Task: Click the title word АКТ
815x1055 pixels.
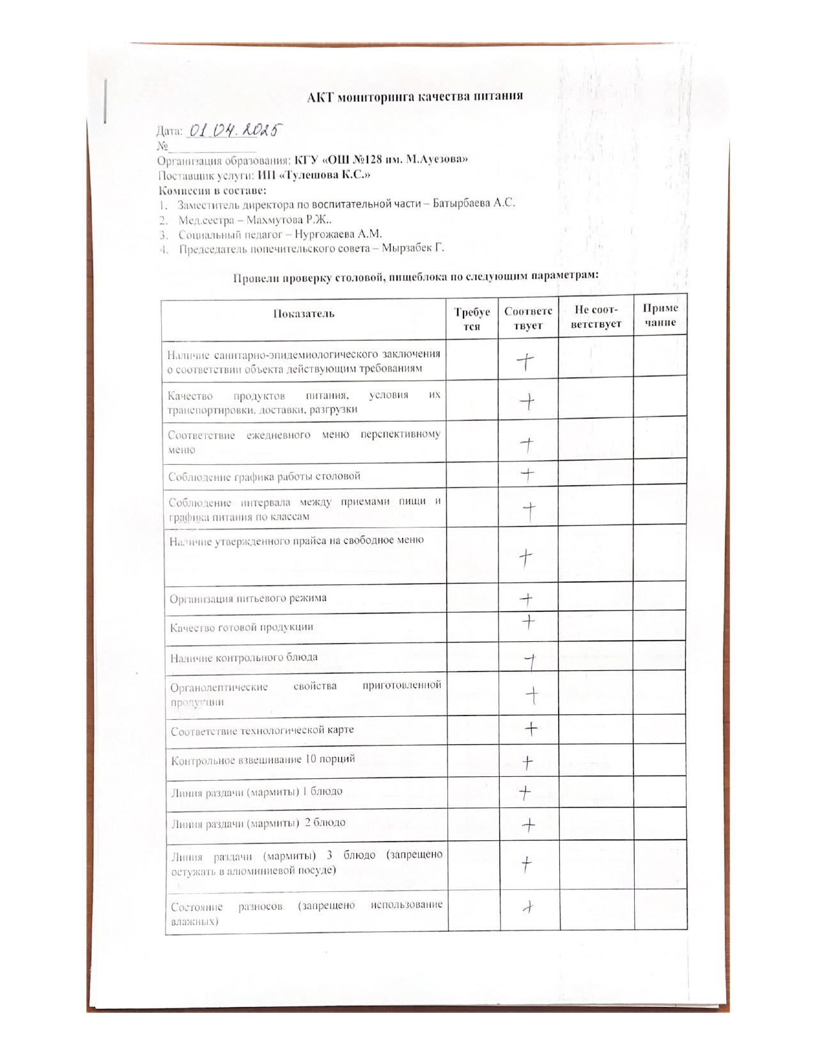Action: pos(320,97)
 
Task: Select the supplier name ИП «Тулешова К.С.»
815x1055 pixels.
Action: pos(314,175)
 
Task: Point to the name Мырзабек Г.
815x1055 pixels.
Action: pos(413,248)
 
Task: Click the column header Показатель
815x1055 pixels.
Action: pos(304,313)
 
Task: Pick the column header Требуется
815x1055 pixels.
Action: pos(472,318)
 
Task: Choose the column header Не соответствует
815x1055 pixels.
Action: pos(596,317)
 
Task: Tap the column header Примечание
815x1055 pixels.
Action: pos(660,315)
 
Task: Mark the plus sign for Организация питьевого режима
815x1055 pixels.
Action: pos(526,599)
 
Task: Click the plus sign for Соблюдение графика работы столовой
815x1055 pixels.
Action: pos(527,474)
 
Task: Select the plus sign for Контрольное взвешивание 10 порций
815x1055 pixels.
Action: pos(527,762)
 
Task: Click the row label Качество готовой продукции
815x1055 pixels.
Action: pos(242,627)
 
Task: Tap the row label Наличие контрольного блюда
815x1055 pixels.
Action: pos(244,657)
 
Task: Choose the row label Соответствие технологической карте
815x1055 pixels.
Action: pos(262,730)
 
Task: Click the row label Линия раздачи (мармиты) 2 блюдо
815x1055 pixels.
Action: pos(258,823)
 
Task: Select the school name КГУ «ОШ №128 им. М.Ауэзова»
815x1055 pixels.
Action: pos(381,159)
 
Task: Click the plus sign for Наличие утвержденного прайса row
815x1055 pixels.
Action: pos(525,558)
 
